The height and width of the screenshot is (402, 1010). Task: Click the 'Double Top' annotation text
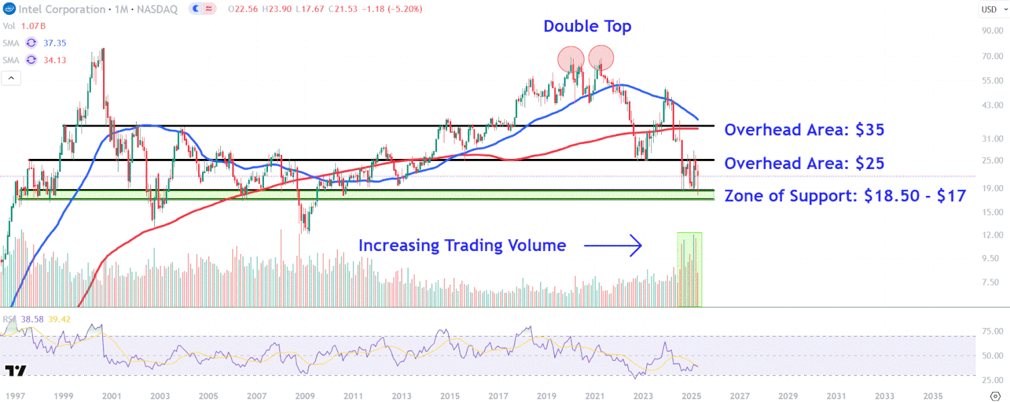point(587,26)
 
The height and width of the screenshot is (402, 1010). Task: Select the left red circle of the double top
point(570,59)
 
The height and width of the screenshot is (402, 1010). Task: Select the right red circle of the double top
point(601,58)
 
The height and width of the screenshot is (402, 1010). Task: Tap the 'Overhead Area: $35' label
point(804,130)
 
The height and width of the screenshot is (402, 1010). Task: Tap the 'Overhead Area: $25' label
point(804,163)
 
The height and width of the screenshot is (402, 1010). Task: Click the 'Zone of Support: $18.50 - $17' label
point(845,196)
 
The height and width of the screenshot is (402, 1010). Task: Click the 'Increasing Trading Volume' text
point(462,246)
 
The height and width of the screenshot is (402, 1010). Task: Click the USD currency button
point(989,9)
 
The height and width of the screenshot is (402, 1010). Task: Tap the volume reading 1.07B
point(32,26)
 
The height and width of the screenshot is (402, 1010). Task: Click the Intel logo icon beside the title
point(9,9)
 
